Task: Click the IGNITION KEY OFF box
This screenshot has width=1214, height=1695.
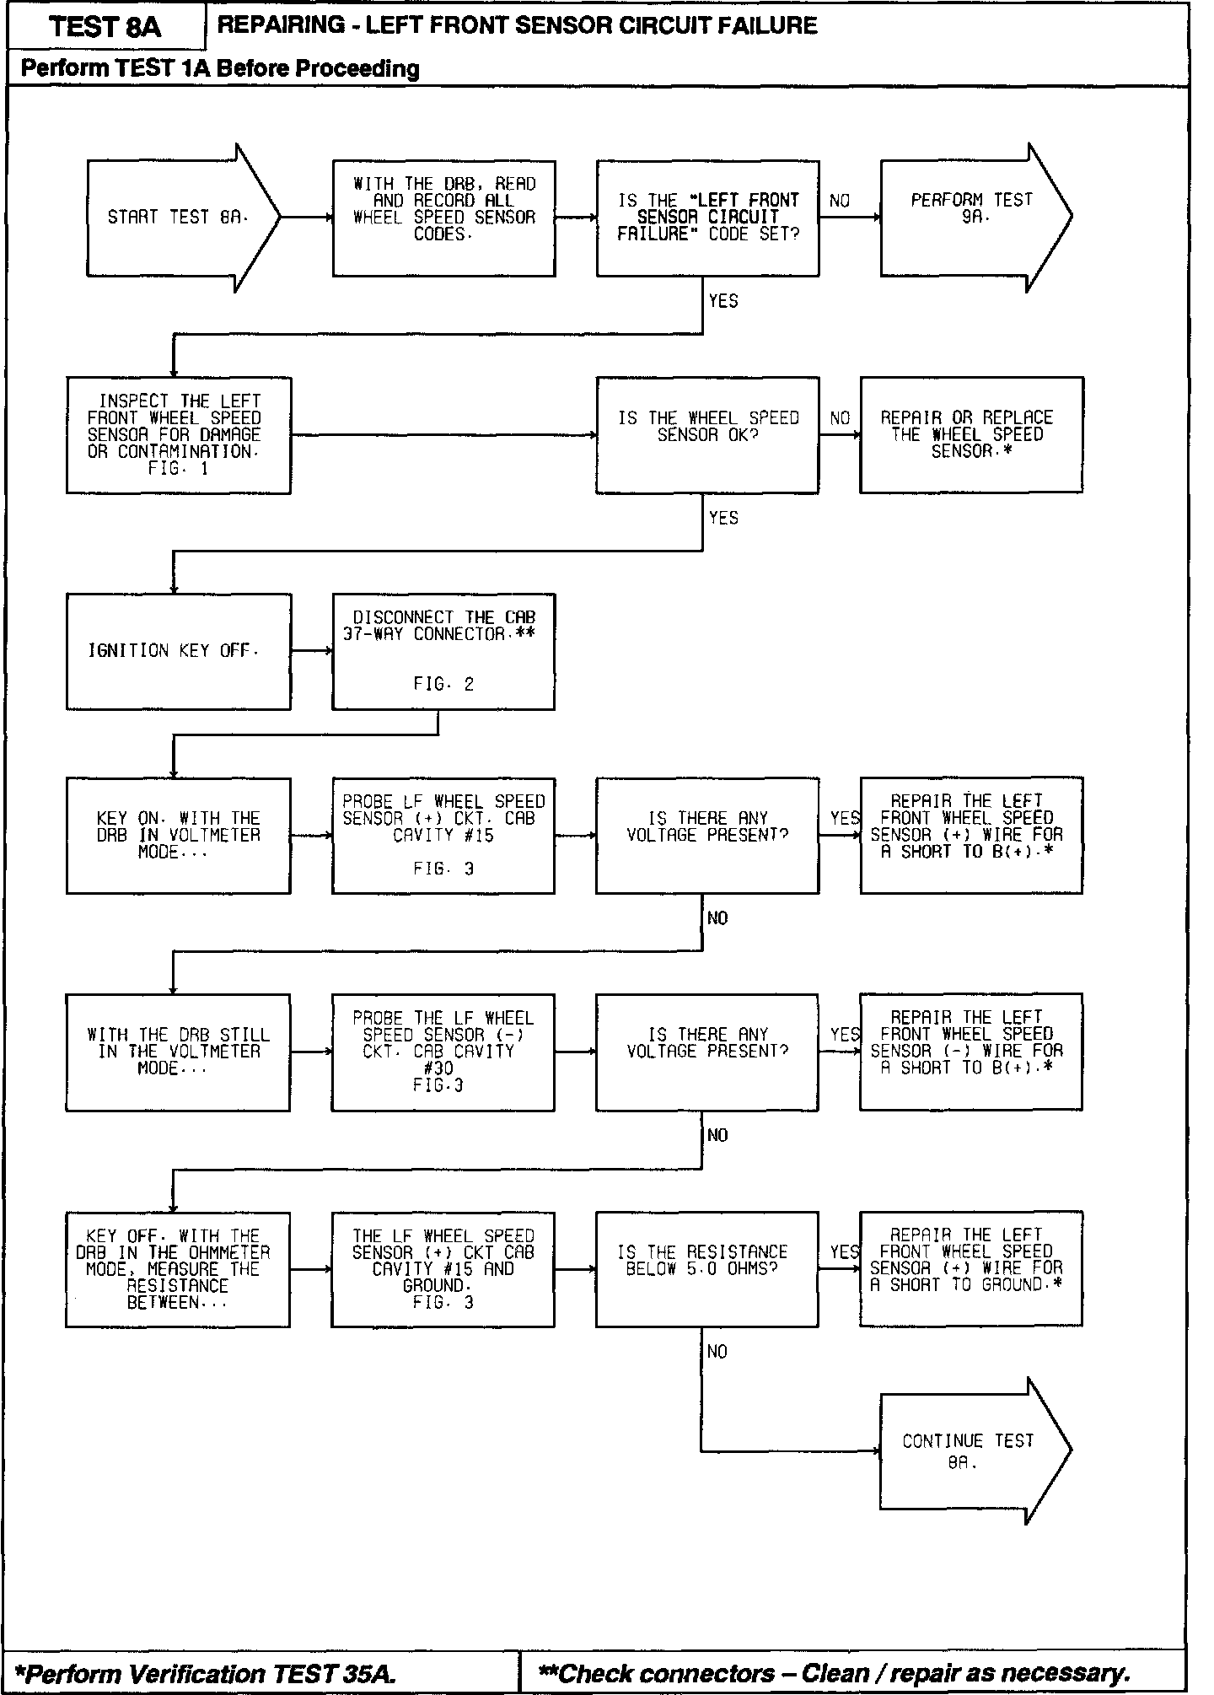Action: pos(179,651)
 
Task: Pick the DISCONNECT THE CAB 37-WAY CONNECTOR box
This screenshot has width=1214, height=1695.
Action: pos(443,651)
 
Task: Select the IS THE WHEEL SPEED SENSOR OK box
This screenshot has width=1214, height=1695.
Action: pos(707,434)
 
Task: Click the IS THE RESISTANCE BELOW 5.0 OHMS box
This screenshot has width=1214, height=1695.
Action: pos(706,1268)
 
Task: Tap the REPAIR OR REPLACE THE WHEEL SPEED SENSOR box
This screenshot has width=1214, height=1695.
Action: pos(971,434)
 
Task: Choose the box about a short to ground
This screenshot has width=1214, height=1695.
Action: pos(970,1268)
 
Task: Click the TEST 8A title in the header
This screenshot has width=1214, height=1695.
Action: pos(105,27)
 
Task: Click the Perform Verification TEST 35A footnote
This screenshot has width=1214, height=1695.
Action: pos(207,1673)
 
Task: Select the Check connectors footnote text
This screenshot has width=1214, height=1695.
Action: pos(834,1673)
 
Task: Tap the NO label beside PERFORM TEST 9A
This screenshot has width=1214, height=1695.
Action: pos(840,201)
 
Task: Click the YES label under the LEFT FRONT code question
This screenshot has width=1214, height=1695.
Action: pos(723,301)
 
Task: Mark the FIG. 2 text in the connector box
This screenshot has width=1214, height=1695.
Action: pos(443,684)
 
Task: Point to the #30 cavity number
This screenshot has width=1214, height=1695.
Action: pos(439,1068)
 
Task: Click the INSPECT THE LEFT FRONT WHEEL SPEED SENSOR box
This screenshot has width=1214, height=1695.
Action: pos(179,434)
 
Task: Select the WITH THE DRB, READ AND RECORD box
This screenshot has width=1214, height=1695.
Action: pos(443,218)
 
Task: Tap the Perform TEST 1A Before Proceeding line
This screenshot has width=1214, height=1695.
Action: pos(220,68)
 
